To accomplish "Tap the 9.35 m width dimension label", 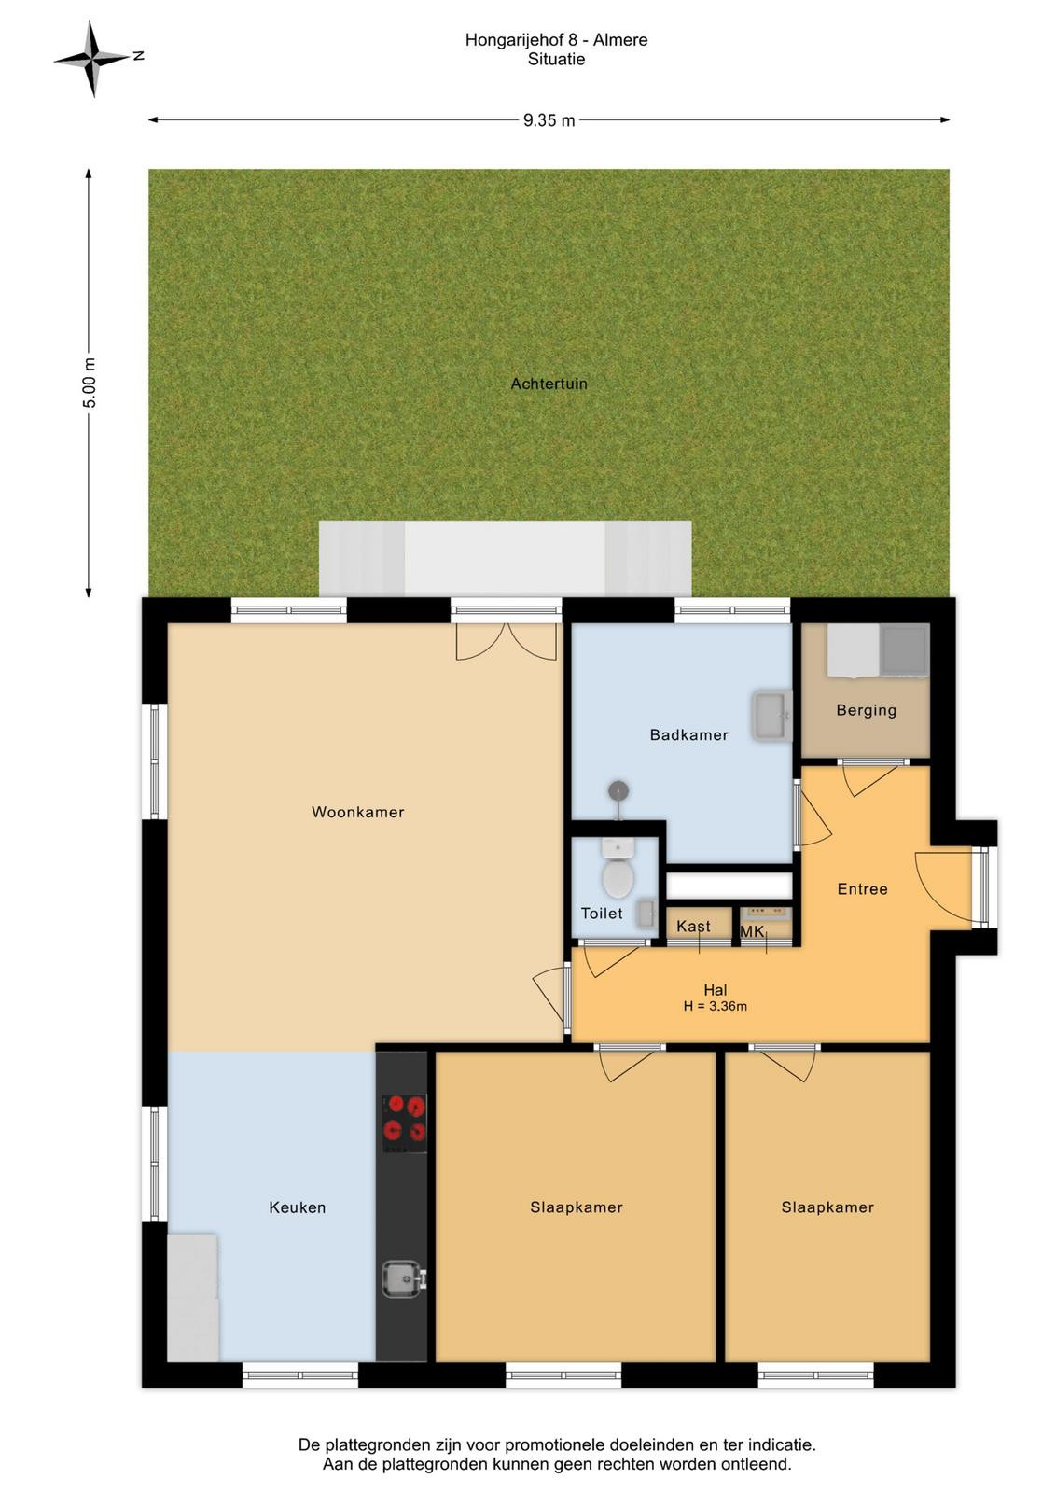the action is [x=549, y=120].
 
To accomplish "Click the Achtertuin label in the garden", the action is [x=549, y=384].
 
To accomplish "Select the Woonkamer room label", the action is [x=358, y=812].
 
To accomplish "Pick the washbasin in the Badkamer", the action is [x=772, y=718].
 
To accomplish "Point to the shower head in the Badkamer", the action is [x=618, y=791].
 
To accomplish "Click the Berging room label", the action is [x=866, y=710].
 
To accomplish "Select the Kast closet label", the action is [x=693, y=927].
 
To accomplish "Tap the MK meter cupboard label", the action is [x=752, y=932].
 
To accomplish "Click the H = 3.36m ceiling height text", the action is [x=715, y=1007].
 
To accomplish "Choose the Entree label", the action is [x=862, y=889].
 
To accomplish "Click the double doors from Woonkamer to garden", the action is [x=507, y=641].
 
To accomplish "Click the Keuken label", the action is [x=298, y=1207].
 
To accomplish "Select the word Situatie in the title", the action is [x=556, y=60].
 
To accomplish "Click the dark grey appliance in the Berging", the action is [x=904, y=649].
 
